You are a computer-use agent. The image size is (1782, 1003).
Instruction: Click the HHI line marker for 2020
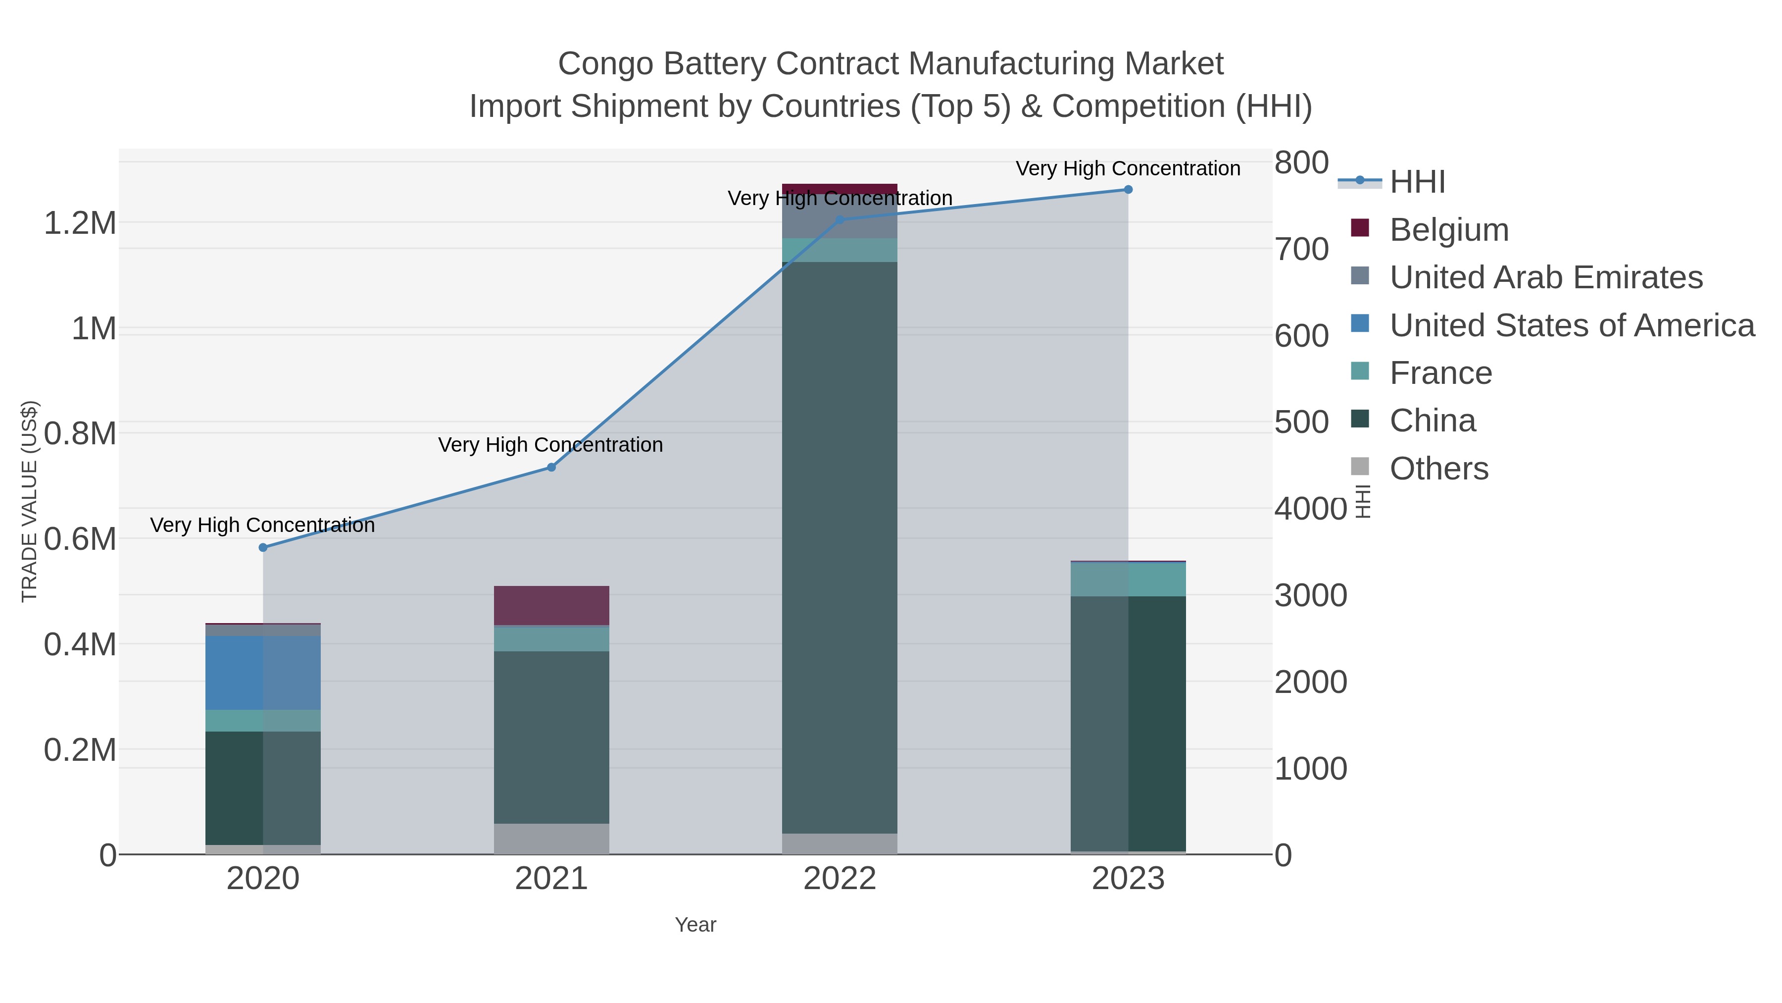click(263, 547)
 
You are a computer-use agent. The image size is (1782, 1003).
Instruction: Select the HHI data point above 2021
click(551, 467)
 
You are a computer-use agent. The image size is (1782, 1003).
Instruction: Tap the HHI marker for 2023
click(1128, 190)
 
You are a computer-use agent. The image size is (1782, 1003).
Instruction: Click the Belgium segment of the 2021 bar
click(551, 606)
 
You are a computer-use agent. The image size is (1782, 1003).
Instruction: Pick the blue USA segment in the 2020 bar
click(263, 673)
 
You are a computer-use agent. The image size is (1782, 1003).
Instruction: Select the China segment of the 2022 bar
click(839, 547)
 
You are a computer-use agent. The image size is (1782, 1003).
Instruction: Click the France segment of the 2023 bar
click(1128, 580)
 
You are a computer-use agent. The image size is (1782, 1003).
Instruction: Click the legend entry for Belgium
click(1448, 230)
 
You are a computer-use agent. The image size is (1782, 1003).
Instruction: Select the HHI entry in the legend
click(1417, 182)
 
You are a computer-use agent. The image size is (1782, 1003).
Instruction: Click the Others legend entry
click(1438, 469)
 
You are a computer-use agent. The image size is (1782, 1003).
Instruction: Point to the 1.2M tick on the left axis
click(80, 223)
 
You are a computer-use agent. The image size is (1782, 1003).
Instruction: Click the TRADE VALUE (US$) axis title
click(29, 501)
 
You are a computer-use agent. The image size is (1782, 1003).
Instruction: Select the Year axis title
click(695, 925)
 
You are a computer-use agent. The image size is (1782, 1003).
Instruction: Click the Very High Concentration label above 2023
click(1128, 168)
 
